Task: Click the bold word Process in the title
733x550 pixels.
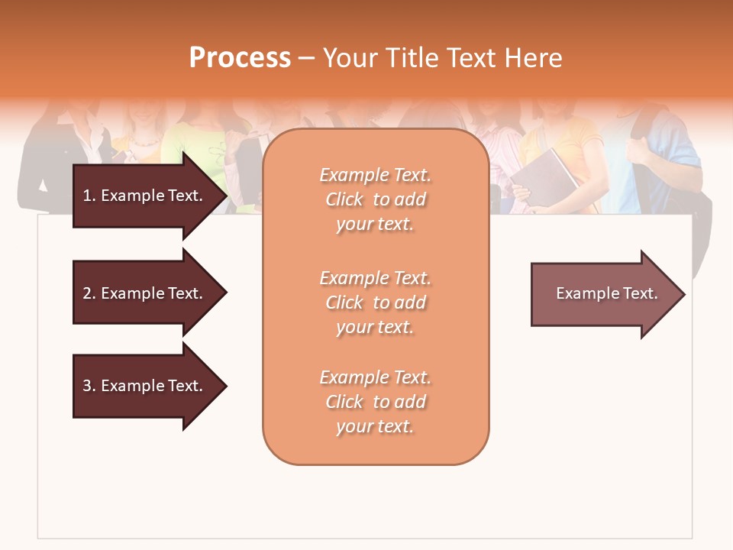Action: click(x=240, y=58)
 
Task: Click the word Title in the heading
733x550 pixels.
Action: click(x=413, y=58)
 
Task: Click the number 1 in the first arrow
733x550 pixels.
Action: click(x=87, y=196)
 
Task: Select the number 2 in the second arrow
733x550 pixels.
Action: click(x=87, y=293)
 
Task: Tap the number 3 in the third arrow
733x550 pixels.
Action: click(x=87, y=386)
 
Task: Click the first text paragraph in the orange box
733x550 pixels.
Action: click(x=375, y=199)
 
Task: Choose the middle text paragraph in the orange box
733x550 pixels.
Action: click(x=375, y=302)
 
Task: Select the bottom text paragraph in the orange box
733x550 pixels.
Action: click(x=375, y=402)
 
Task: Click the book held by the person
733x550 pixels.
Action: click(x=544, y=180)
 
